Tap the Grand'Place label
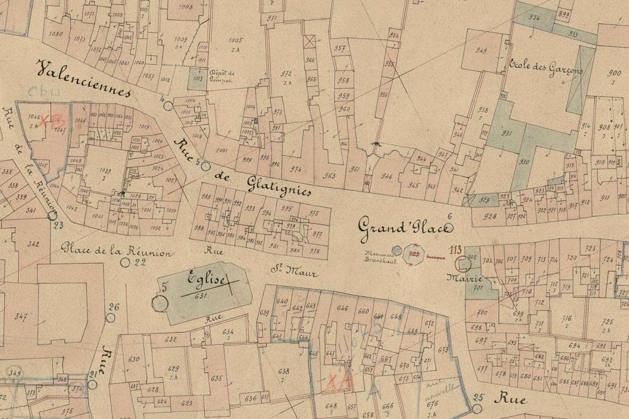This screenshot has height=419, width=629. coord(404,227)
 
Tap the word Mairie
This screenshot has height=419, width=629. coord(465,280)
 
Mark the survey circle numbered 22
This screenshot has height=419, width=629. coord(126,262)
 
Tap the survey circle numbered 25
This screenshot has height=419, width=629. coord(477,409)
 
